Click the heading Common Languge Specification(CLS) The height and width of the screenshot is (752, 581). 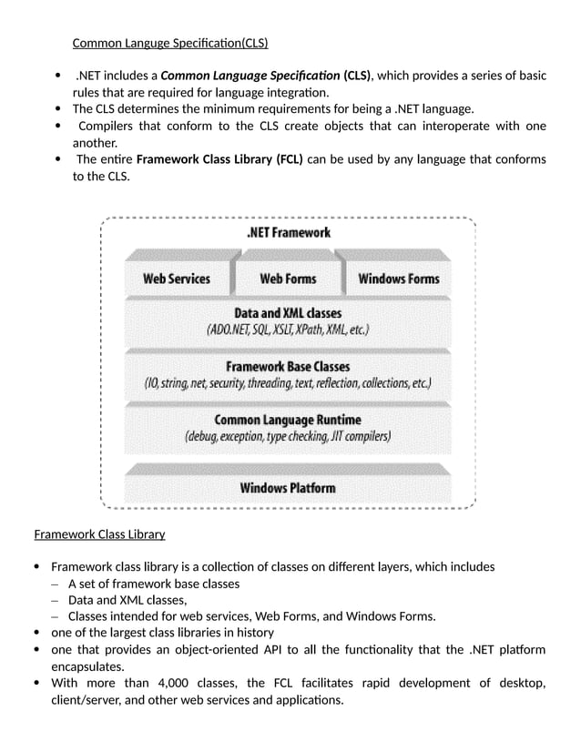pos(170,43)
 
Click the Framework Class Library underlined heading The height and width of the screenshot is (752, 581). pos(99,534)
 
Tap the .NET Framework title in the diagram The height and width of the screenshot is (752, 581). pos(288,232)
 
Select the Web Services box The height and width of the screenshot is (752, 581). pos(177,279)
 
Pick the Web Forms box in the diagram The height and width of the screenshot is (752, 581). pos(288,279)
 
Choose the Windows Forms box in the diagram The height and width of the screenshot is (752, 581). pos(399,279)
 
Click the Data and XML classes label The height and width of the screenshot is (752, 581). pos(288,313)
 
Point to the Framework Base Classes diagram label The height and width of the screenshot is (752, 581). pos(288,367)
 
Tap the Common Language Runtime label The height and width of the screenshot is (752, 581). pos(288,420)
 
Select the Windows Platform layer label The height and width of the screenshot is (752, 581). pos(288,487)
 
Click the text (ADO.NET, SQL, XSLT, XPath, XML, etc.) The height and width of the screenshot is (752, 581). pos(288,330)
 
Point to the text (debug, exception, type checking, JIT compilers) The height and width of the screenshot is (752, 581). pos(288,437)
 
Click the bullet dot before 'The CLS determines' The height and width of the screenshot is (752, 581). pos(57,110)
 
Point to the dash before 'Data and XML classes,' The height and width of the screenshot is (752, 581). pos(55,601)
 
